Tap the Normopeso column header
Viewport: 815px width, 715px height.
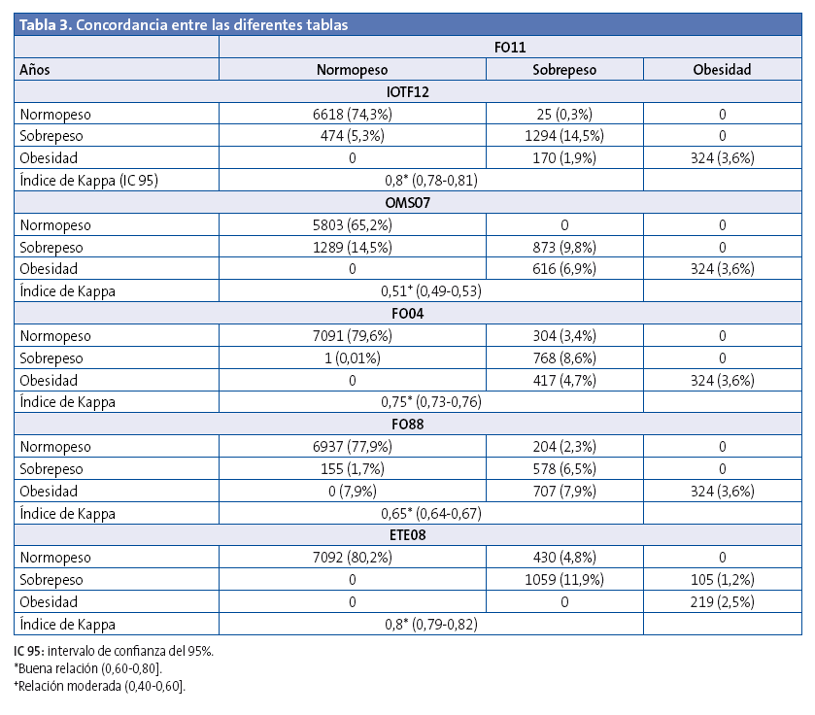[x=352, y=69]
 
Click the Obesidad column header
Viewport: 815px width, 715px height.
[x=721, y=69]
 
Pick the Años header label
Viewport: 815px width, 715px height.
[x=35, y=69]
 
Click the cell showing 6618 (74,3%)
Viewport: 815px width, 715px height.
[x=352, y=114]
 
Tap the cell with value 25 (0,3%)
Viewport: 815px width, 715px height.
[x=564, y=114]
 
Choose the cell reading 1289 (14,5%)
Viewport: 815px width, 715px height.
[x=352, y=247]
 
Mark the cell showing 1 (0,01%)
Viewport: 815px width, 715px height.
[x=352, y=357]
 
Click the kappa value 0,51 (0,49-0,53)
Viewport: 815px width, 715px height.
[x=430, y=289]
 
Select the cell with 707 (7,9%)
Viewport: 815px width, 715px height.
[x=564, y=491]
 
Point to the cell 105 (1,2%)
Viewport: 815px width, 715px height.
[x=721, y=580]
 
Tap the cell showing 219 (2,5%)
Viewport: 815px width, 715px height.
[x=721, y=602]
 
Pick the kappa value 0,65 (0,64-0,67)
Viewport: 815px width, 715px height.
[x=430, y=513]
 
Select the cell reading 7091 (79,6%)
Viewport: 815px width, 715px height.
[x=352, y=336]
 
